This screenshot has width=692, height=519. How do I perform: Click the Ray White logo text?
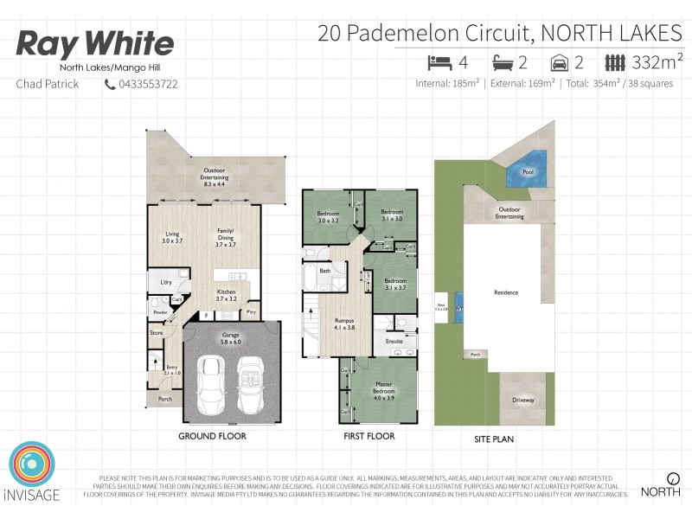pyautogui.click(x=95, y=44)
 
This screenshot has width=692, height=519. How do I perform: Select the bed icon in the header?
pyautogui.click(x=439, y=62)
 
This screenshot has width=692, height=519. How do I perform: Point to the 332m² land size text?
pyautogui.click(x=658, y=61)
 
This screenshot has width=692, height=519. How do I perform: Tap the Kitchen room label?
pyautogui.click(x=227, y=295)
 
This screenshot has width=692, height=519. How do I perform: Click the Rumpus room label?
pyautogui.click(x=344, y=324)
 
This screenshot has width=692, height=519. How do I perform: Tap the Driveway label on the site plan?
pyautogui.click(x=524, y=400)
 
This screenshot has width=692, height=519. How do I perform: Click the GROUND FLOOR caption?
pyautogui.click(x=212, y=436)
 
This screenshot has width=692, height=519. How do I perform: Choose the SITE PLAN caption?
pyautogui.click(x=494, y=439)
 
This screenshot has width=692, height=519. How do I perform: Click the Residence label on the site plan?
pyautogui.click(x=506, y=292)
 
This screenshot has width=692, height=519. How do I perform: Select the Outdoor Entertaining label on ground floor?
pyautogui.click(x=214, y=176)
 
